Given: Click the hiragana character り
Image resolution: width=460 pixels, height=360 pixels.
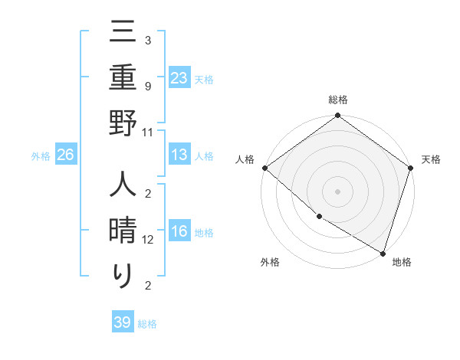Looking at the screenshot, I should [x=123, y=276].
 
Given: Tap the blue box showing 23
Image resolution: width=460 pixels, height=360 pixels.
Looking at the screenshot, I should [x=179, y=77].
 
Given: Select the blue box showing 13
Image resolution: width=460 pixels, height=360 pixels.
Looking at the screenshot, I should [x=179, y=155].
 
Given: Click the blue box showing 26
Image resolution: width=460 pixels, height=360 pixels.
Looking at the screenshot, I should [x=66, y=155].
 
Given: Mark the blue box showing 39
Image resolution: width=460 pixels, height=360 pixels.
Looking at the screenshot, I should [x=123, y=322].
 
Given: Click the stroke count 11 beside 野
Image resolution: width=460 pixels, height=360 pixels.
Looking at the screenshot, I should [x=147, y=132].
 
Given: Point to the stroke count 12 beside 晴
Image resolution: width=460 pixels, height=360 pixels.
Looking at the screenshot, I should [x=147, y=240].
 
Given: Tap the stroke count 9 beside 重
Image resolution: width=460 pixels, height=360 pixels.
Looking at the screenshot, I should [x=147, y=87].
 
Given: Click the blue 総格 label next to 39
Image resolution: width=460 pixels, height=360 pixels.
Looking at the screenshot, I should [x=147, y=324].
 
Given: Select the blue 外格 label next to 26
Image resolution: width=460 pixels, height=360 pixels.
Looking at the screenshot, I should [x=41, y=156].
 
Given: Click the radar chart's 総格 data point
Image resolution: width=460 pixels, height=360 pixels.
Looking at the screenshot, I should [x=338, y=116].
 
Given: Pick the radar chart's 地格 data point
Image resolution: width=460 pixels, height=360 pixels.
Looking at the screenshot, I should [x=383, y=252].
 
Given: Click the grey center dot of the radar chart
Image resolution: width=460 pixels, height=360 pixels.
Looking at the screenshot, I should [x=338, y=191].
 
